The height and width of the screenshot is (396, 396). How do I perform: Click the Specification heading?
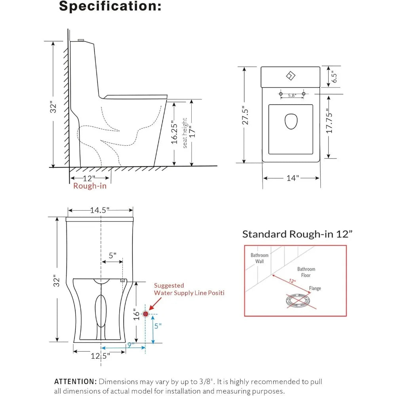110,7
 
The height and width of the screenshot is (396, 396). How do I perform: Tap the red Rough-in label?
90,186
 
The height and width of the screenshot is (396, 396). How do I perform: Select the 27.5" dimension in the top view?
246,115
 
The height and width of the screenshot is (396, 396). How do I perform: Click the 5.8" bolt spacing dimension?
292,95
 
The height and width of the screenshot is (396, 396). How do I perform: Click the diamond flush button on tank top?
290,75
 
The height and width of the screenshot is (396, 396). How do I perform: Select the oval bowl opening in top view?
291,122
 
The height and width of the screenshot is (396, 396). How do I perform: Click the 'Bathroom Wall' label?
259,258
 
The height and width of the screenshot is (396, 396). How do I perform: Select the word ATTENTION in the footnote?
75,382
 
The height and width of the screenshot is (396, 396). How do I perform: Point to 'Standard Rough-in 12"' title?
297,234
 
